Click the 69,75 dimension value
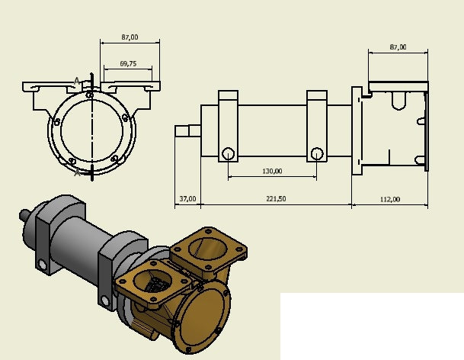click(x=128, y=64)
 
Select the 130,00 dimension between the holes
click(x=272, y=171)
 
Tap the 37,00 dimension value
click(x=187, y=199)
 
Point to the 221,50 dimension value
click(x=276, y=199)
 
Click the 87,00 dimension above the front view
click(x=130, y=37)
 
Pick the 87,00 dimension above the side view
click(x=397, y=47)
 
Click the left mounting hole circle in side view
click(x=227, y=153)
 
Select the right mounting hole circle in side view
click(x=316, y=153)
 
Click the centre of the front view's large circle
click(x=91, y=130)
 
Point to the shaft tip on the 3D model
click(x=25, y=215)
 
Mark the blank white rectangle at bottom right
click(x=371, y=326)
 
